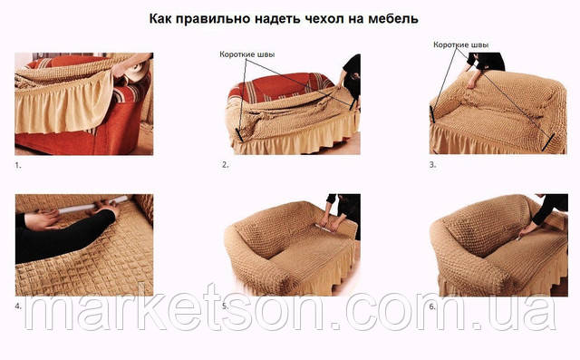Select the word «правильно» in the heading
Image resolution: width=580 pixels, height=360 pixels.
tap(214, 19)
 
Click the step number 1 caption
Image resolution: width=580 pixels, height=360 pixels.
tap(18, 165)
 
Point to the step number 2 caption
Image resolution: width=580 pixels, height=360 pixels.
tap(225, 165)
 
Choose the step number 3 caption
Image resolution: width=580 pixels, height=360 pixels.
tap(432, 165)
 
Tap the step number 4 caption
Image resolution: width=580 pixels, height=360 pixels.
tap(18, 306)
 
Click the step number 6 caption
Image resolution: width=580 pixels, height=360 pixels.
tap(432, 306)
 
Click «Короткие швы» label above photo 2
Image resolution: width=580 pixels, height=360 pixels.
tap(247, 54)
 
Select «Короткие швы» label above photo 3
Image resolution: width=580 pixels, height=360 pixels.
tap(461, 44)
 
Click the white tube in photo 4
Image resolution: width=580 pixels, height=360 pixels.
tap(92, 205)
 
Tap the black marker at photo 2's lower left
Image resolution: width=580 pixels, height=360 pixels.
tap(239, 135)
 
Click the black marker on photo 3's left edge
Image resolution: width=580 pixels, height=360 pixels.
tap(431, 114)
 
